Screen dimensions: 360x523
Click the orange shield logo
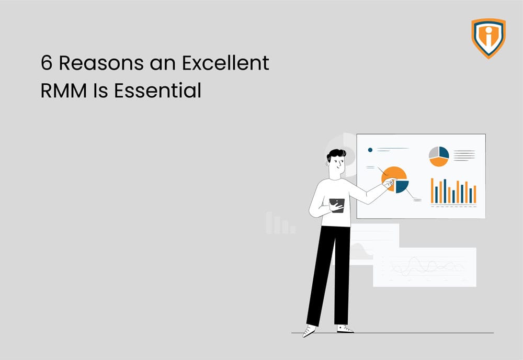488,38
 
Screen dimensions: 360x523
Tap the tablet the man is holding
337,205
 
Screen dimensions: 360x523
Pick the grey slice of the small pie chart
434,152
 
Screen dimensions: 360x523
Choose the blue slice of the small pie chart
444,152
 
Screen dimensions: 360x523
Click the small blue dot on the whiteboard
370,150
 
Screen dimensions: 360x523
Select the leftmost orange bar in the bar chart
432,191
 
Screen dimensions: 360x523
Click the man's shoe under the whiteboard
346,329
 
